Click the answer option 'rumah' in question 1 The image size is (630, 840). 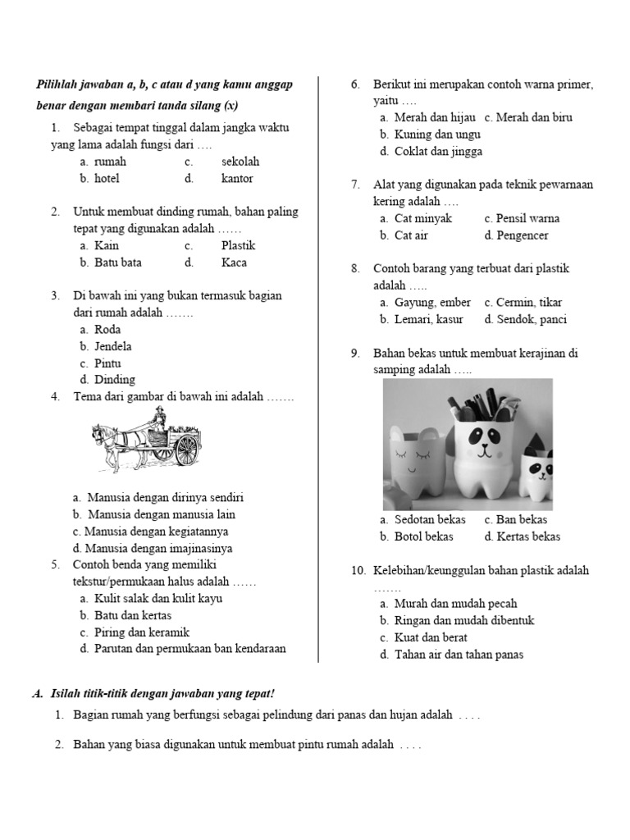click(110, 162)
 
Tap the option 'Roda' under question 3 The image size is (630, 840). click(107, 329)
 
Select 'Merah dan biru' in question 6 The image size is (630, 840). click(534, 117)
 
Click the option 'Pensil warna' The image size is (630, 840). click(527, 218)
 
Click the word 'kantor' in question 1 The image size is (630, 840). click(237, 178)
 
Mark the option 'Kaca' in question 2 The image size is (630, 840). click(234, 262)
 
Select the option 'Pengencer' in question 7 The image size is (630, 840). click(522, 235)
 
